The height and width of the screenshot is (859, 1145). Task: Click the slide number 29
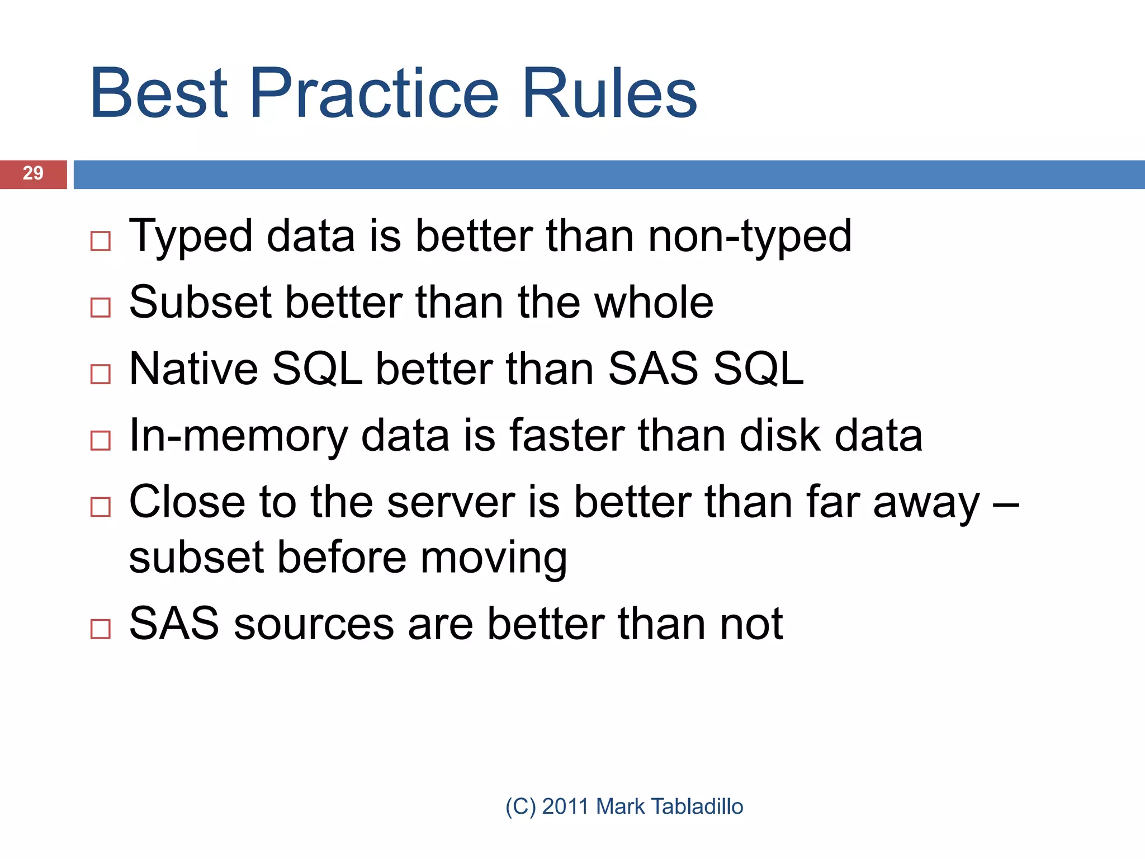(x=33, y=173)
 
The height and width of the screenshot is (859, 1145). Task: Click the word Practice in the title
(x=374, y=93)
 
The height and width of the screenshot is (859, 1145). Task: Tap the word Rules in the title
(x=609, y=93)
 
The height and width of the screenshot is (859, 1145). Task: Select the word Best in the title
(x=159, y=93)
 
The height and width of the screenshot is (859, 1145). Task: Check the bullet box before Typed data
(x=101, y=241)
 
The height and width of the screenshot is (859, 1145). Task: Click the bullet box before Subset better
(x=101, y=307)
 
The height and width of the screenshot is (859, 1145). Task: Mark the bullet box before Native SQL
(x=101, y=374)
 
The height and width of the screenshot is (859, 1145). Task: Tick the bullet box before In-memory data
(x=101, y=440)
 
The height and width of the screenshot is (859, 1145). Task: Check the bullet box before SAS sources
(x=101, y=629)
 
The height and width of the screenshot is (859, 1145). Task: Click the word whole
(x=654, y=303)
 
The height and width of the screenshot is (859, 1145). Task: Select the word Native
(x=193, y=369)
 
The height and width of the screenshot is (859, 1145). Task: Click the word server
(x=451, y=502)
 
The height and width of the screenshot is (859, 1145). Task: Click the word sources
(x=314, y=624)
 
